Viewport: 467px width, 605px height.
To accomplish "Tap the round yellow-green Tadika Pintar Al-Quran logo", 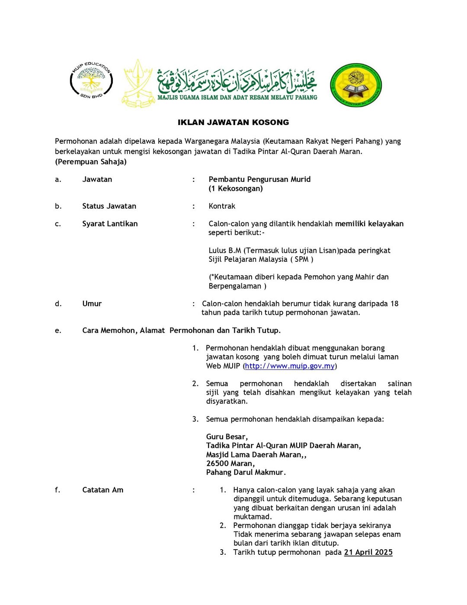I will [356, 85].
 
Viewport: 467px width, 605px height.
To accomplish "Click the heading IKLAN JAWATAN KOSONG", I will [233, 122].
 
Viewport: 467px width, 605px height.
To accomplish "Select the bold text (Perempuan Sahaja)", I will [91, 162].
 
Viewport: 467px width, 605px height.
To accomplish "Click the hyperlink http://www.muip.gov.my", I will [290, 366].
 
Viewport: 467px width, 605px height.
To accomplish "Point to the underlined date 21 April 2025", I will [368, 552].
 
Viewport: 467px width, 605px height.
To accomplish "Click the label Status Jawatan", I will [109, 206].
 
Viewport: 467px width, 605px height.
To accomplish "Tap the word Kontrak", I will [222, 206].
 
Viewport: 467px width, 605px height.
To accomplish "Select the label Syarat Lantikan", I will [110, 224].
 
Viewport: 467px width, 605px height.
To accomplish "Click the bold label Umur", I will [92, 304].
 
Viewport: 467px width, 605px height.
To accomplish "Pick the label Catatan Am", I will [102, 490].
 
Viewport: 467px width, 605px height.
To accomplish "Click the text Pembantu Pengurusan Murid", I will [259, 179].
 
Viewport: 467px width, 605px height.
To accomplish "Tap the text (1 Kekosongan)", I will [236, 188].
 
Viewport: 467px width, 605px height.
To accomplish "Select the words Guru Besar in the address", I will [227, 437].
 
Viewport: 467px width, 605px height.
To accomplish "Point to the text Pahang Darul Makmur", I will [246, 472].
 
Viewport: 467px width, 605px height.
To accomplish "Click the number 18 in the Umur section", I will [394, 304].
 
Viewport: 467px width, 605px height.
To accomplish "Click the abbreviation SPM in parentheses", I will [301, 259].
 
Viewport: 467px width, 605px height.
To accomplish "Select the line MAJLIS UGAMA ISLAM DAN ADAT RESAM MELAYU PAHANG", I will [237, 98].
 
